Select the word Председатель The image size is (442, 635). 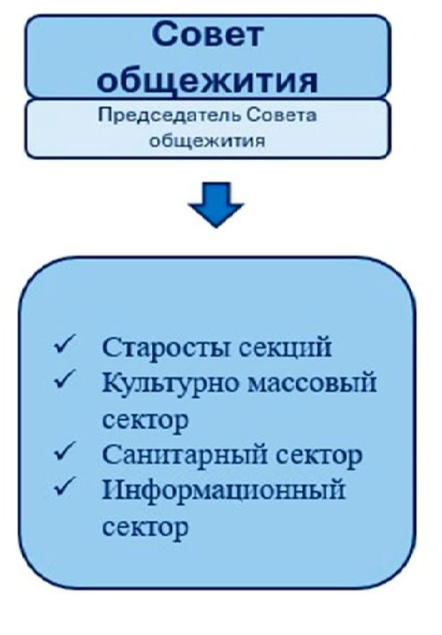(x=169, y=116)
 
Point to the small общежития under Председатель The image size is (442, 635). (x=207, y=141)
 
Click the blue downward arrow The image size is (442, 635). (x=216, y=204)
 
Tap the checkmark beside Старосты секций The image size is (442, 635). (x=65, y=345)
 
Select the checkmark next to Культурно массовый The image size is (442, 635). (x=65, y=379)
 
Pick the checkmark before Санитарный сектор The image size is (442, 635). (x=65, y=451)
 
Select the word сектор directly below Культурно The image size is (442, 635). (x=145, y=420)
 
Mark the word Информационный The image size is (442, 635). (x=224, y=491)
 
